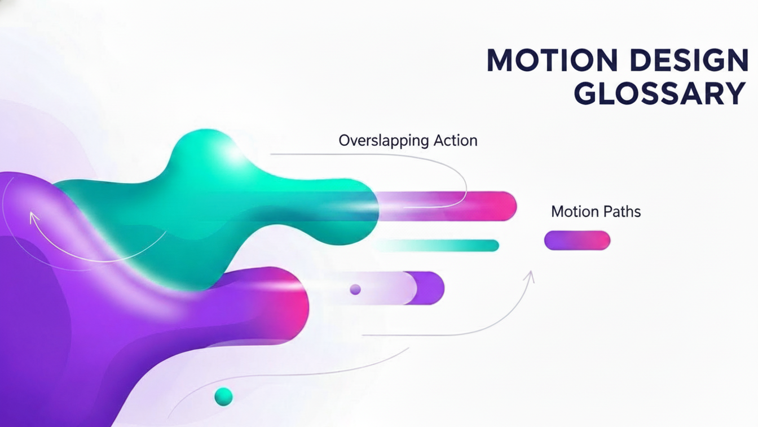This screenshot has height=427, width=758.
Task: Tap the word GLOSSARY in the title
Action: click(660, 94)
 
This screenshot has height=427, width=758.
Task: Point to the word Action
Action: click(455, 140)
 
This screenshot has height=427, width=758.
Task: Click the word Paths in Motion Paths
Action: click(622, 212)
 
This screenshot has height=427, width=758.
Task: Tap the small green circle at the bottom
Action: click(224, 396)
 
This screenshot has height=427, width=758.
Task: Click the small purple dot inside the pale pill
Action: click(355, 289)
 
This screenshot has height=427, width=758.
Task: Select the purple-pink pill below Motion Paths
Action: click(577, 241)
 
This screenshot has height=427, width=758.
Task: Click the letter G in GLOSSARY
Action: click(588, 94)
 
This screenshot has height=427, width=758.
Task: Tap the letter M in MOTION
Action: click(501, 61)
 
